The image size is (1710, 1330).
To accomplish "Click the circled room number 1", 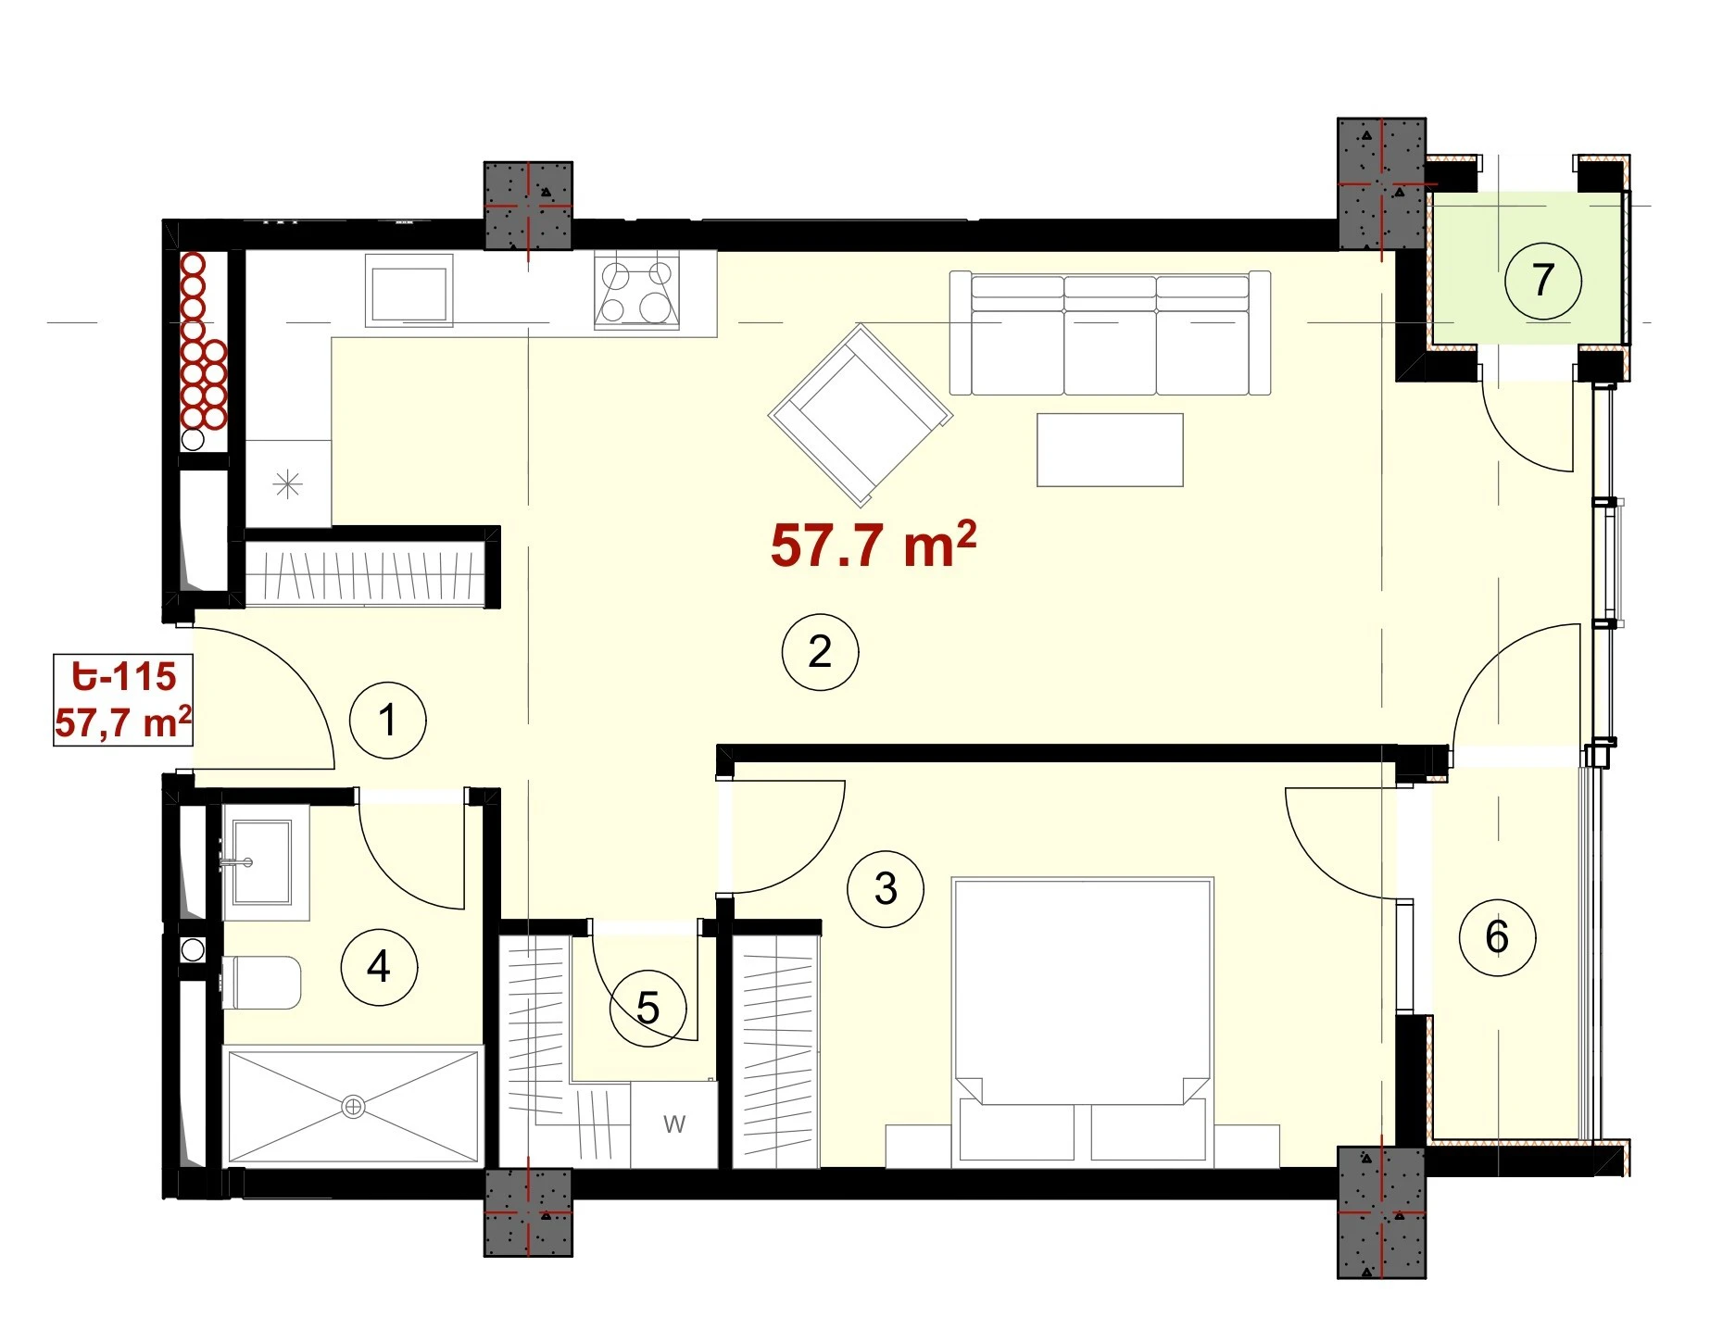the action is point(388,721).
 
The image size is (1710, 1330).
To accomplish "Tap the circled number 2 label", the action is point(820,652).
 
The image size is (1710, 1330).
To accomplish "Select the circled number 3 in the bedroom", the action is point(886,889).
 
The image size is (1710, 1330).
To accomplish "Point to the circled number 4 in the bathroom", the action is point(379,967).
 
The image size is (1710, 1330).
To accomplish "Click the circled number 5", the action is point(648,1008).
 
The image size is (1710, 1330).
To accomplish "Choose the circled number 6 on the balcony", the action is point(1497,937).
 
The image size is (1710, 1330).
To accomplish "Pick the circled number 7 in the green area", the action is point(1542,281).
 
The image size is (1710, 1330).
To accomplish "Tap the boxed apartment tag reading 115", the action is point(123,700).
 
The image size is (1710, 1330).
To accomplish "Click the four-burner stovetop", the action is point(637,291).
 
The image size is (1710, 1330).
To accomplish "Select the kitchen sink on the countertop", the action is point(409,291).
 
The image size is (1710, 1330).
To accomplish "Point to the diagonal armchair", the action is point(861,415).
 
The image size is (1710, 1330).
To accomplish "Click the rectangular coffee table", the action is point(1110,450).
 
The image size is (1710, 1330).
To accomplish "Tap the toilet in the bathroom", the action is point(261,983).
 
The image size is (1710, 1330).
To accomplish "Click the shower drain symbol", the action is point(353,1106).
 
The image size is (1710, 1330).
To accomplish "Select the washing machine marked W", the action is point(673,1124).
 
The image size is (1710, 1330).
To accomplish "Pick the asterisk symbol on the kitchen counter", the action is point(288,483).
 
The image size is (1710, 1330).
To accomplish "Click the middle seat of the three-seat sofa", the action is point(1110,334).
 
